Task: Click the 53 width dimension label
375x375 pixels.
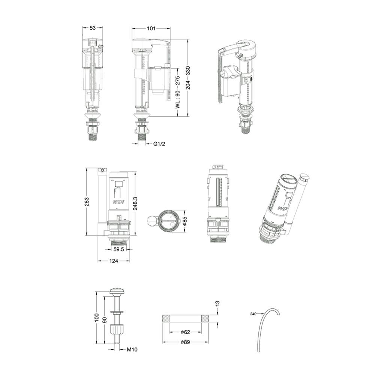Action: [93, 28]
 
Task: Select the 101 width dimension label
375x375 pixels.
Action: [151, 28]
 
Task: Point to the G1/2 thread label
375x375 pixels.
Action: [159, 144]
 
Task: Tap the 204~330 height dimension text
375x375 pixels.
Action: [188, 78]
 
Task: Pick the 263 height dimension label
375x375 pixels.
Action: [87, 202]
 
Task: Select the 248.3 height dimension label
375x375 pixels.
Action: [135, 203]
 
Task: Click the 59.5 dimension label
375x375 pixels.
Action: [118, 249]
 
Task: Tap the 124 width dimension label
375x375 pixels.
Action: [114, 261]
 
